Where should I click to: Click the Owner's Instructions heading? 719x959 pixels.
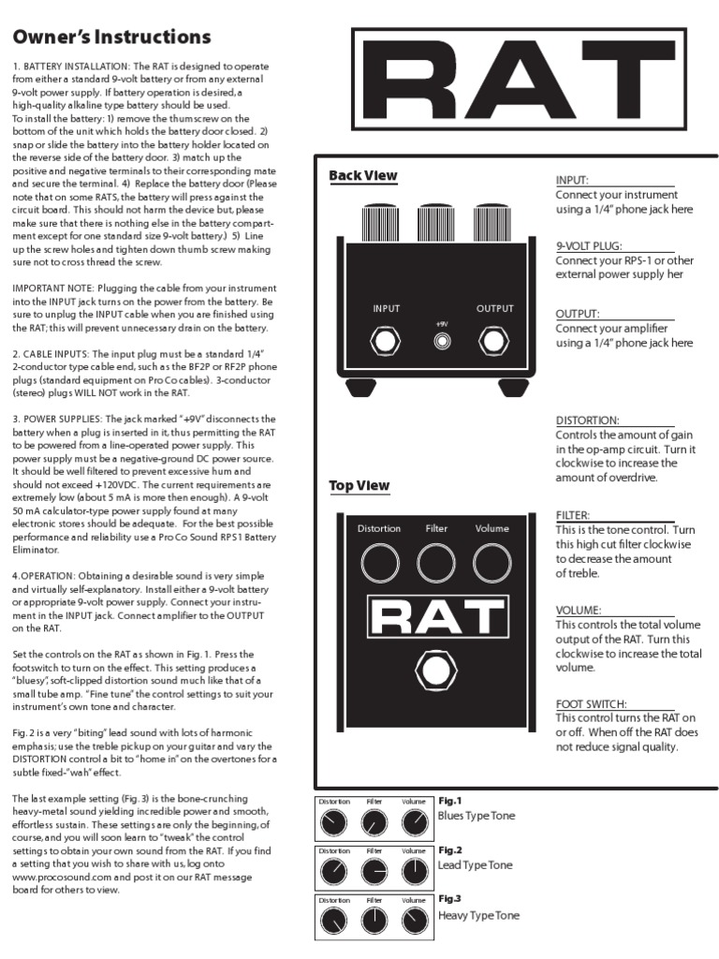tap(111, 37)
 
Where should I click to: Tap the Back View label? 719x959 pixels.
tap(363, 176)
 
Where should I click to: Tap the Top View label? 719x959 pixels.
tap(359, 486)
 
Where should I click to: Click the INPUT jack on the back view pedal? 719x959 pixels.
tap(386, 341)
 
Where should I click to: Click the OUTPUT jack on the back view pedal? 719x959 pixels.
tap(494, 341)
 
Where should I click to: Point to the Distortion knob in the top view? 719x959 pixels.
tap(378, 564)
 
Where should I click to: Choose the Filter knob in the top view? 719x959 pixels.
tap(436, 564)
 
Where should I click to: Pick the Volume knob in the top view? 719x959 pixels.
tap(492, 564)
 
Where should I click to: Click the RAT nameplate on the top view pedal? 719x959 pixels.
tap(435, 618)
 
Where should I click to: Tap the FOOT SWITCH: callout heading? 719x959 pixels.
tap(592, 703)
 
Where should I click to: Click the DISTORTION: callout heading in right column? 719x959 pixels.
tap(588, 420)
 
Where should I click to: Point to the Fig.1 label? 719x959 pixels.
tap(450, 801)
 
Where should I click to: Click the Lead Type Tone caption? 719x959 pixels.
tap(476, 865)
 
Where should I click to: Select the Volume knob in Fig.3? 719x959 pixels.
tap(414, 922)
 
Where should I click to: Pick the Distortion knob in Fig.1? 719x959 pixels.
tap(333, 823)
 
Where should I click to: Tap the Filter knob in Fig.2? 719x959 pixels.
tap(374, 873)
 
